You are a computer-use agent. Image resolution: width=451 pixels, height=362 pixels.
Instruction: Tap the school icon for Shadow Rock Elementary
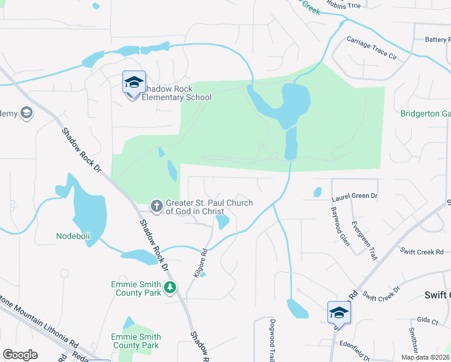point(133,83)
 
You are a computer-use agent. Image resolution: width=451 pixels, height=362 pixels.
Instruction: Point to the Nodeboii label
point(73,236)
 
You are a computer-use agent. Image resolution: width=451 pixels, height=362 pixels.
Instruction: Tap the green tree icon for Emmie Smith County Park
point(171,288)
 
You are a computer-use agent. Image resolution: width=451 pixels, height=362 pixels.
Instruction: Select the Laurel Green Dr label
point(354,196)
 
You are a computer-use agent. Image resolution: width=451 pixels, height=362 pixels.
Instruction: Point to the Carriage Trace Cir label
point(371,48)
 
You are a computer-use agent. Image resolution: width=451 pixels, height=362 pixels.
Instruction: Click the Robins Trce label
point(343,5)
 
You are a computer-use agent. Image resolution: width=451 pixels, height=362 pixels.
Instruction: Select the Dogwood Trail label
point(273,341)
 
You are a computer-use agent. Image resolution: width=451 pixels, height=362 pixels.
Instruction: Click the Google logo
point(20,355)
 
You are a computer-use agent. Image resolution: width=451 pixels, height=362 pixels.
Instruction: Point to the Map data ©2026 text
point(424,357)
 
